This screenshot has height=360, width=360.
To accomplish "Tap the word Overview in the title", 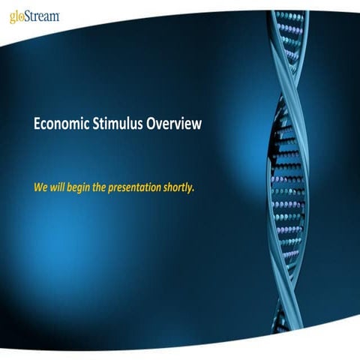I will [x=175, y=124].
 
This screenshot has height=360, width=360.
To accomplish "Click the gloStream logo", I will [x=34, y=16].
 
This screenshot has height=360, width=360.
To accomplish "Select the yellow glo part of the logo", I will [x=17, y=17].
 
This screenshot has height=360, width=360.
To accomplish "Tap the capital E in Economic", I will [x=37, y=124].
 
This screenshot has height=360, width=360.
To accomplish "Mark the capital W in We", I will [x=39, y=186].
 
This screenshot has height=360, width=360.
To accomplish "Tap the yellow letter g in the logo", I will [x=13, y=18].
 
